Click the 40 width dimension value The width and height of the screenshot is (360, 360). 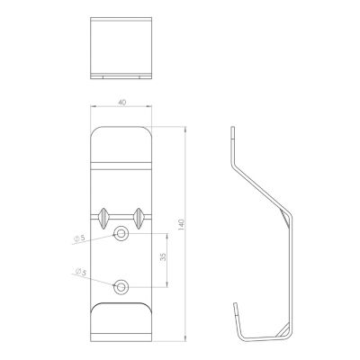click(121, 102)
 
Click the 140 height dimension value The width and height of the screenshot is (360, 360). click(181, 225)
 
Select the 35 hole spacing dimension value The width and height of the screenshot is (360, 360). click(163, 257)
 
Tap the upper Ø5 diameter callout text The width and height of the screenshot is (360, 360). click(79, 238)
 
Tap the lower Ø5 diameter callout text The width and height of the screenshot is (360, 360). click(80, 272)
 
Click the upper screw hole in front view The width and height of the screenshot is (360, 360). click(121, 233)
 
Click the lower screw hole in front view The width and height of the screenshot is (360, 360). click(121, 287)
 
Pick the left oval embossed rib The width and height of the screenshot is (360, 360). click(103, 218)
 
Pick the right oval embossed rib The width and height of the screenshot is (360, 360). click(139, 218)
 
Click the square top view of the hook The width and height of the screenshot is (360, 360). click(121, 48)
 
